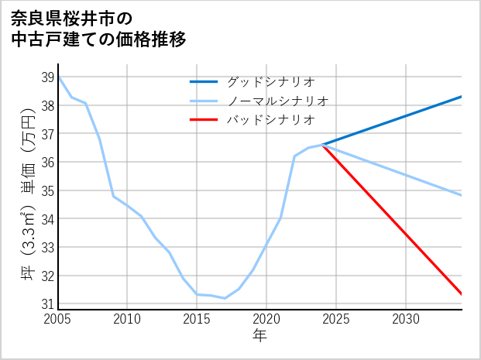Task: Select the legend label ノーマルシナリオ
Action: point(277,101)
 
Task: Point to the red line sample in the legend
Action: point(204,120)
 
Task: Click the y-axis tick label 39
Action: point(47,77)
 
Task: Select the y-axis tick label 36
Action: point(47,162)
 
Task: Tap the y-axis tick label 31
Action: point(47,303)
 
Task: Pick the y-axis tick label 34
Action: point(47,218)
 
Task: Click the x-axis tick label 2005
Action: point(58,319)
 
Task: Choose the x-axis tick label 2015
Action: point(197,319)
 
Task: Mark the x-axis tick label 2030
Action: point(406,319)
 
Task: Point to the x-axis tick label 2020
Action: point(266,319)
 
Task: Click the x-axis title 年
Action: point(259,335)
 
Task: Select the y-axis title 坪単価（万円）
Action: point(28,194)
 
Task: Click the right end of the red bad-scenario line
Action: point(462,294)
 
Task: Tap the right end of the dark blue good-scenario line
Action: point(462,97)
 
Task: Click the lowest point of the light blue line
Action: point(225,298)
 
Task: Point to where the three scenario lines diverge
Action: point(323,145)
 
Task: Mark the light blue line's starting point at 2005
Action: point(59,77)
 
